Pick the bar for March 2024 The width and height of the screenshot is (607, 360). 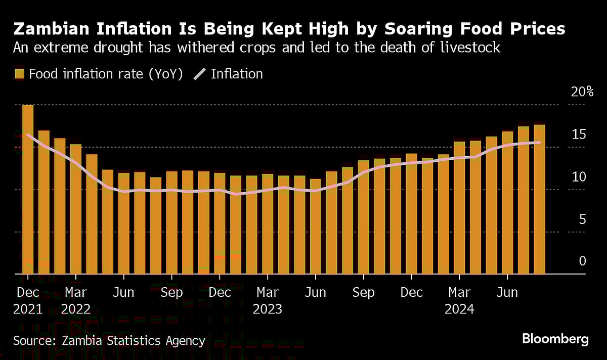point(459,208)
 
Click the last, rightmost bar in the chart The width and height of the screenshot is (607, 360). point(539,199)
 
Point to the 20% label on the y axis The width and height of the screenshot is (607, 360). point(582,92)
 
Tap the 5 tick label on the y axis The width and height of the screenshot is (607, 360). point(582,219)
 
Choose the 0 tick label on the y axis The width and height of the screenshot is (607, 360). point(582,261)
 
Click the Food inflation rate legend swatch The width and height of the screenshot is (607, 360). point(19,74)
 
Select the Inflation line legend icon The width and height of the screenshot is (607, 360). point(200,74)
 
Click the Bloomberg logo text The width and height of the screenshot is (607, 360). point(555,339)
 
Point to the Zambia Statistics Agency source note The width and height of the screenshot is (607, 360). point(109,341)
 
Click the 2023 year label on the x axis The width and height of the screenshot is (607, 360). point(268,308)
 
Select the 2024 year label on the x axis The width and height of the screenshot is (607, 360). point(459,308)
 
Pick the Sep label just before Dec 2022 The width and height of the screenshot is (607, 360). point(172,293)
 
